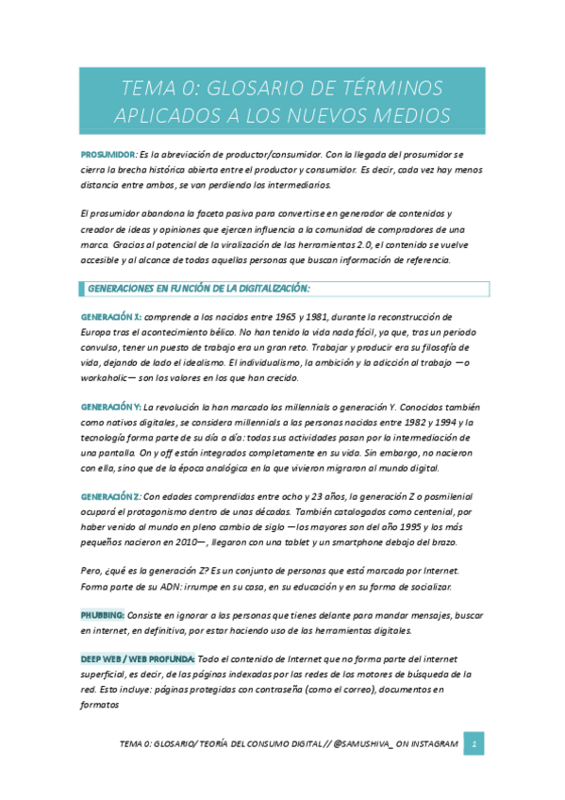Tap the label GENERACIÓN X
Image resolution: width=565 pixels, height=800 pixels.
[x=111, y=316]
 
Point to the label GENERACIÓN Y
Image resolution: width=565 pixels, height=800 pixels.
[x=111, y=407]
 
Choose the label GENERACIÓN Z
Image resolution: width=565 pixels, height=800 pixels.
[x=111, y=496]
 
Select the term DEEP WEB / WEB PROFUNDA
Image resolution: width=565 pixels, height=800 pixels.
[x=138, y=658]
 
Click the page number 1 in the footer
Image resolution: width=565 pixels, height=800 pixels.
[x=476, y=744]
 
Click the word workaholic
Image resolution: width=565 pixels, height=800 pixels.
[x=108, y=377]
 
